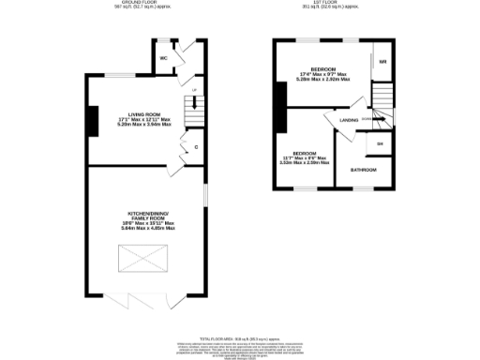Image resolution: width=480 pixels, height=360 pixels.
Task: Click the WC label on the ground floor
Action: click(163, 57)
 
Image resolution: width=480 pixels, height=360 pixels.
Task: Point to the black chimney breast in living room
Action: click(92, 120)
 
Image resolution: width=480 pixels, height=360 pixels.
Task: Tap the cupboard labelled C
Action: click(195, 147)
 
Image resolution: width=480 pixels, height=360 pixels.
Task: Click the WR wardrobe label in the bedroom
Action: click(382, 63)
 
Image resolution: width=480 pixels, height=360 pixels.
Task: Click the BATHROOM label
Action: click(364, 170)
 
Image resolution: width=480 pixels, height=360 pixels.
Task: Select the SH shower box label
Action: click(380, 143)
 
